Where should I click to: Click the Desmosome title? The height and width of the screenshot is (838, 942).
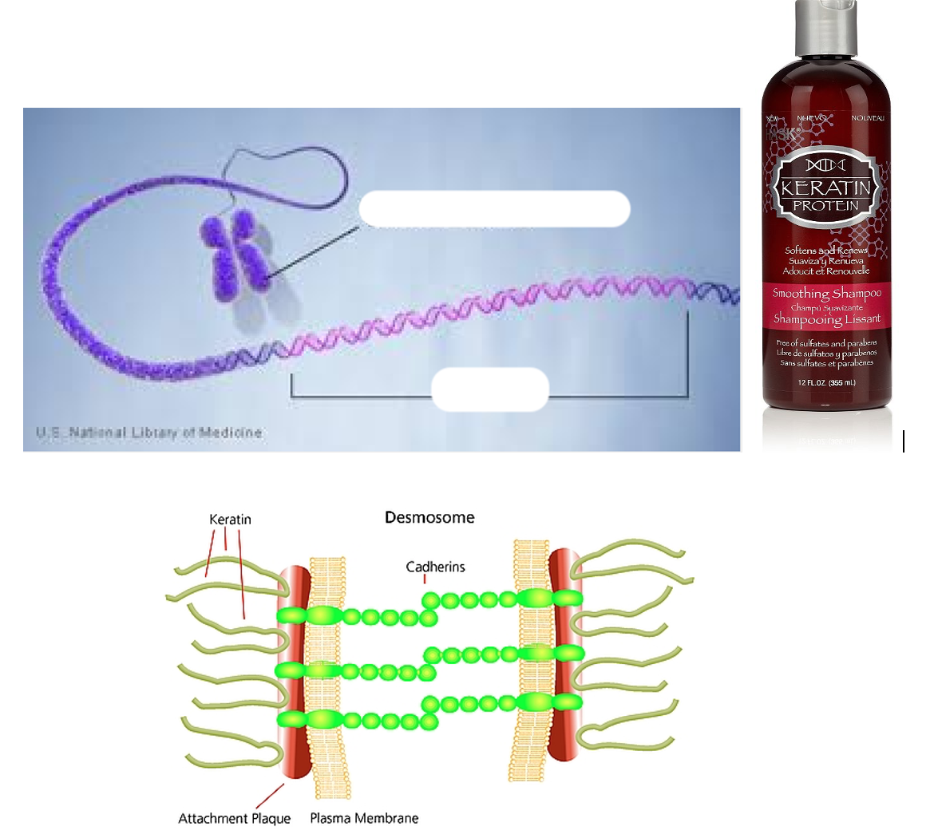click(x=429, y=518)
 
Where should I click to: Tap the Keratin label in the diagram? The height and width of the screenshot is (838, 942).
click(x=230, y=520)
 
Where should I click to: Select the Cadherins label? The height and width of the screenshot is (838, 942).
click(x=435, y=567)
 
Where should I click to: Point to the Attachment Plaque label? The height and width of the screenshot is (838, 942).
click(x=234, y=818)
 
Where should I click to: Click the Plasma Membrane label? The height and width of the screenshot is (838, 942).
click(x=364, y=818)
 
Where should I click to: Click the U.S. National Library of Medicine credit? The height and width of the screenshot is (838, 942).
click(x=149, y=433)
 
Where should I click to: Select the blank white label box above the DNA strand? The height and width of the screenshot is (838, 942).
click(x=494, y=209)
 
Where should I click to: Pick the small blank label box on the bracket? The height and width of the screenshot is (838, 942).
click(x=490, y=389)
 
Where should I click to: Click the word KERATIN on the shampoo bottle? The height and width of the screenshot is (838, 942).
click(x=825, y=188)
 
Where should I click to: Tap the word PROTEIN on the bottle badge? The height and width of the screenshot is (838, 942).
click(x=825, y=206)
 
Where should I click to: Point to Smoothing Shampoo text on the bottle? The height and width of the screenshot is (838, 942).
click(x=826, y=293)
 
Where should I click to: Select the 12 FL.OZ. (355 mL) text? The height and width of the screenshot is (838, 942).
click(x=826, y=383)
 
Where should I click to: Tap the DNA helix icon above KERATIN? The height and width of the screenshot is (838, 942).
click(x=825, y=165)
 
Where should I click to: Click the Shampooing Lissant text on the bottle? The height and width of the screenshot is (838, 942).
click(x=826, y=319)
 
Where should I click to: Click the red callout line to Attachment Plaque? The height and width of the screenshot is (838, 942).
click(x=270, y=796)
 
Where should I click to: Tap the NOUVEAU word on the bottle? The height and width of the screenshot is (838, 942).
click(x=867, y=118)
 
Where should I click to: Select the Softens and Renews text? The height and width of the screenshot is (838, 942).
click(x=825, y=251)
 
